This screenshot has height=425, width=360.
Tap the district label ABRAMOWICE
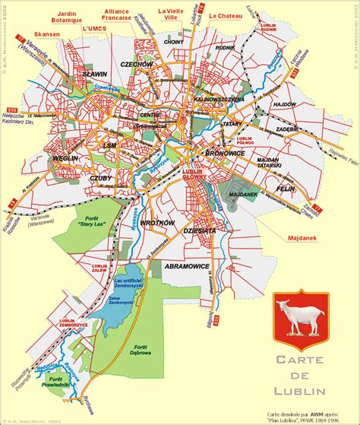[x=187, y=267]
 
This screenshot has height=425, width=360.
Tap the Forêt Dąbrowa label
[x=138, y=351]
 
